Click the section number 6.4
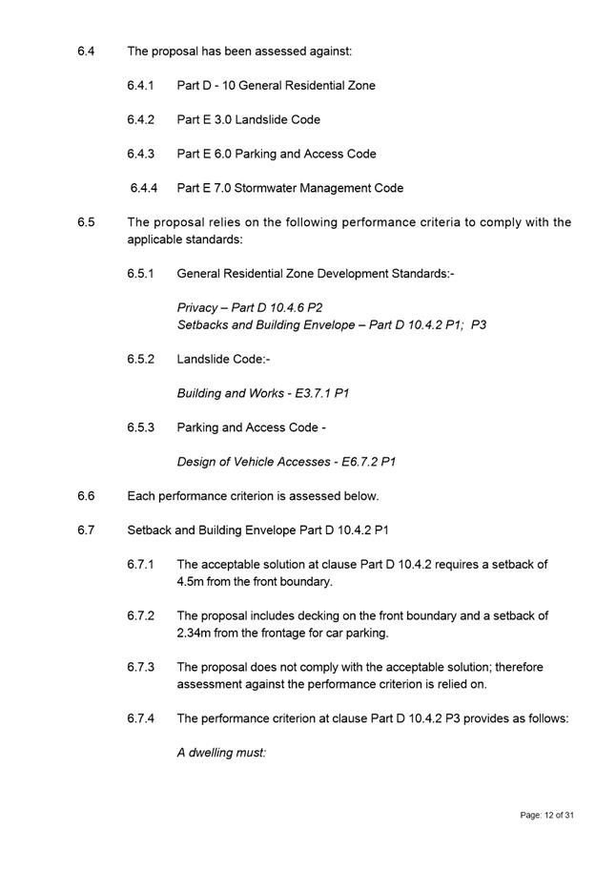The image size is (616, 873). point(86,51)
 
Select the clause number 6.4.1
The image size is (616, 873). point(141,85)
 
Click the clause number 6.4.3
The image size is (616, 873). point(141,154)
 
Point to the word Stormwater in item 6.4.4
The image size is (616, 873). point(270,188)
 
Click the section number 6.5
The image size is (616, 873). point(86,222)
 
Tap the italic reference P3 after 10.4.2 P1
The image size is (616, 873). point(478,325)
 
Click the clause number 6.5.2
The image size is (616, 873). point(141,359)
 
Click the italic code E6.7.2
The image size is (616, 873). point(356,462)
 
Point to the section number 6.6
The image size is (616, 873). point(86,496)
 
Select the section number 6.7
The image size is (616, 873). point(86,530)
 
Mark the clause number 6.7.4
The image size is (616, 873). point(141,718)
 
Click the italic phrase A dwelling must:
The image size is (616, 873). point(221,753)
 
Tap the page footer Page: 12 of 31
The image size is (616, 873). point(546,815)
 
